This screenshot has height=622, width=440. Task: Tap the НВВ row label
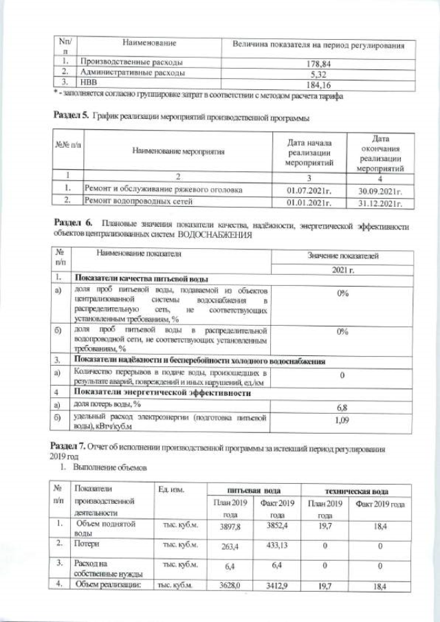point(89,84)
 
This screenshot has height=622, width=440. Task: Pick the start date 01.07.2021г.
point(309,189)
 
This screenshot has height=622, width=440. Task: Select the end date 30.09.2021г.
point(379,189)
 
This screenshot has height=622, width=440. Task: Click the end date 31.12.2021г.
point(379,202)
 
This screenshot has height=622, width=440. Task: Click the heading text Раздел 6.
point(71,225)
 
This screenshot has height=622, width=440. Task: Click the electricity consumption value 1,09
point(342,420)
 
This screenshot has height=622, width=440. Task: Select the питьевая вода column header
point(253,491)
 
